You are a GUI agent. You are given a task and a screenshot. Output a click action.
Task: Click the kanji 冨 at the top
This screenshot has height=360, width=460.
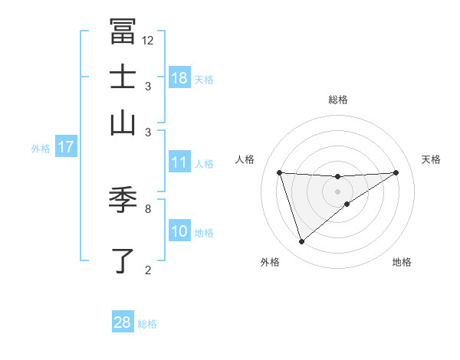pos(123,31)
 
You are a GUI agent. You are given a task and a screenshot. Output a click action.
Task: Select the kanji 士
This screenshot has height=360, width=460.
pos(123,77)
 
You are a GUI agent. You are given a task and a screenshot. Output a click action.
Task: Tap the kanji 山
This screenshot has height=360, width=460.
pos(123,122)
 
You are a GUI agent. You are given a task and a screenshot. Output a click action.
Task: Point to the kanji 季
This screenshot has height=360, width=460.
pos(123,200)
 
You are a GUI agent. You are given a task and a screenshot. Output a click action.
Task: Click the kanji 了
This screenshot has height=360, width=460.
pos(123,260)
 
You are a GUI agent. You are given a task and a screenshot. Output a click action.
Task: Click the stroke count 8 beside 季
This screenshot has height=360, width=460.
pos(147,208)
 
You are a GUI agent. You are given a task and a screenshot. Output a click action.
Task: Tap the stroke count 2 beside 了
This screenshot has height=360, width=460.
pos(147,269)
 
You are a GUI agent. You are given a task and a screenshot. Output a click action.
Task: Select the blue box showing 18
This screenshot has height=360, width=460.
pos(179,78)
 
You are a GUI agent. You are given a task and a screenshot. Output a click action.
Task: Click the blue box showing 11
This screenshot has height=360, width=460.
pos(179,162)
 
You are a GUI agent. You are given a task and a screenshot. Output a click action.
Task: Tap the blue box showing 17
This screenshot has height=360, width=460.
pos(65,147)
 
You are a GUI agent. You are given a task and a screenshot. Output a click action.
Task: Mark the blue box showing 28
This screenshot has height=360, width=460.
pos(123,322)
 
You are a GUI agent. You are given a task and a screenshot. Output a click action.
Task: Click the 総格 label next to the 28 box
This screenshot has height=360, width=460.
pos(147,324)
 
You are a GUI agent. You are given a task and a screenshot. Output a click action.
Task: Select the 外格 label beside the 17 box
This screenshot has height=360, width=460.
pos(41,149)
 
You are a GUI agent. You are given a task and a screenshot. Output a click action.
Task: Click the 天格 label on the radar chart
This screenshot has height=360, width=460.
pos(431,159)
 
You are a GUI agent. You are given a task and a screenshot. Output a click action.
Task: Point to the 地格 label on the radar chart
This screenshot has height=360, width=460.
pos(402,262)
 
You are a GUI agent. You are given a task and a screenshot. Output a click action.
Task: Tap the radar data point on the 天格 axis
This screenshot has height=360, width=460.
pos(396,172)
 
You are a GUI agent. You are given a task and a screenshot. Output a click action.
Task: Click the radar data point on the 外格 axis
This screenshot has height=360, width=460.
pos(302,242)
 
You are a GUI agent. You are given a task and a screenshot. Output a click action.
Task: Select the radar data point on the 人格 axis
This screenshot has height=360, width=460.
pos(280,172)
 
